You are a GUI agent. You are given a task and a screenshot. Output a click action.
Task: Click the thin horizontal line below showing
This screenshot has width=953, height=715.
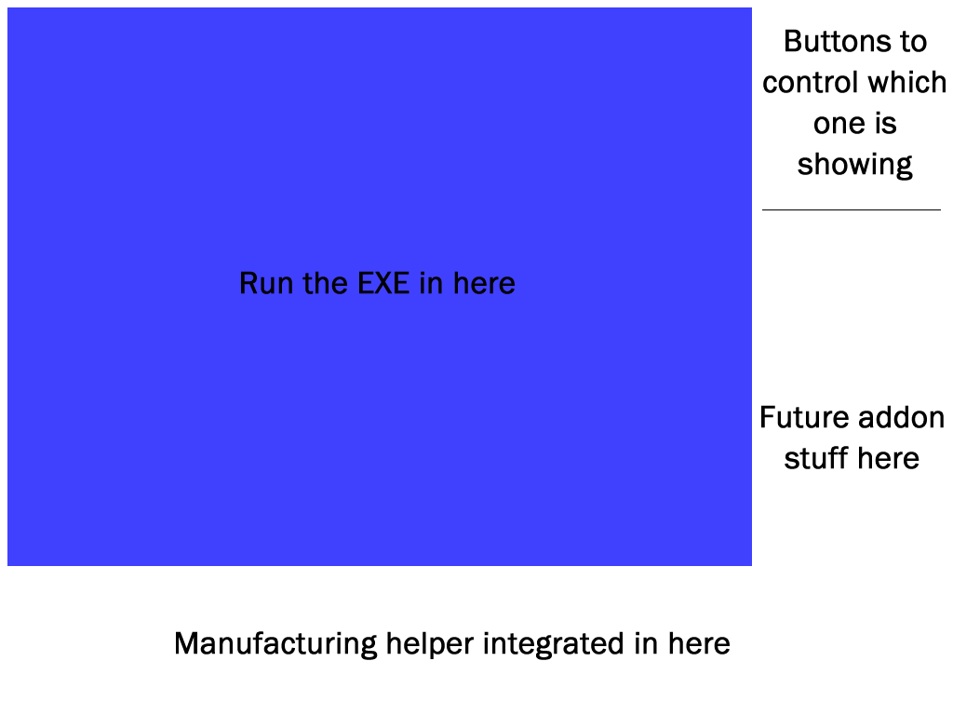[852, 209]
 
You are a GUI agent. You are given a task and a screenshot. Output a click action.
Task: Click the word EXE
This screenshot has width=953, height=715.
[383, 283]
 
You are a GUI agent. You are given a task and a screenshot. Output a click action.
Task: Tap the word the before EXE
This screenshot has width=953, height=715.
[325, 283]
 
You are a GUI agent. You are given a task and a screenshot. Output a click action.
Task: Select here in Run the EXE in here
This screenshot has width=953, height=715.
[484, 283]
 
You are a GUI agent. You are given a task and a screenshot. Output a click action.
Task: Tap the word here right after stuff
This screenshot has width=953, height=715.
[889, 458]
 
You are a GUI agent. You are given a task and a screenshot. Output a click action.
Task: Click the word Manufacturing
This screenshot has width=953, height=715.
[275, 644]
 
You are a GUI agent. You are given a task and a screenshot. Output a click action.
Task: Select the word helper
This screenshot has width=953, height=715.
[430, 644]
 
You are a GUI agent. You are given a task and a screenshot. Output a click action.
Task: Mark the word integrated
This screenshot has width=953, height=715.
[554, 644]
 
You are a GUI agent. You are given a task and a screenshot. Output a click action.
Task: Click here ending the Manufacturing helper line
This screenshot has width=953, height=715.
[699, 644]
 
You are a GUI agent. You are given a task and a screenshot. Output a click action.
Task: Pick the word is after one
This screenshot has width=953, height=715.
[886, 124]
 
